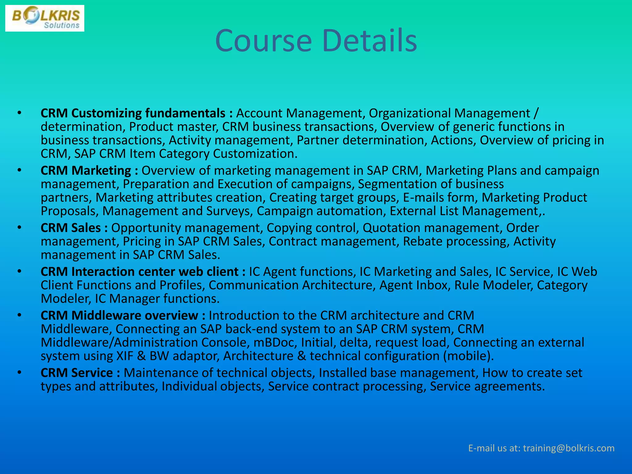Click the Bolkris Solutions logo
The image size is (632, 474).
pyautogui.click(x=45, y=18)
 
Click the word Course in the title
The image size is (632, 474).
pyautogui.click(x=264, y=41)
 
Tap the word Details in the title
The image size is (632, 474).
pyautogui.click(x=369, y=41)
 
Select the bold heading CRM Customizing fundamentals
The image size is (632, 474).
pyautogui.click(x=133, y=113)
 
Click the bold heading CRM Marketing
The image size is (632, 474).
pyautogui.click(x=86, y=171)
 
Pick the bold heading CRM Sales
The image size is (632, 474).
pyautogui.click(x=71, y=228)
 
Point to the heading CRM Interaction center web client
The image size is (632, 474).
pyautogui.click(x=139, y=272)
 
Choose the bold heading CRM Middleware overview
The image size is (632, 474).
pyautogui.click(x=119, y=316)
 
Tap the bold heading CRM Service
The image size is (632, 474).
pyautogui.click(x=77, y=373)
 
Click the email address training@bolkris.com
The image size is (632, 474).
pyautogui.click(x=569, y=448)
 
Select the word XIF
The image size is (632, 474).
pyautogui.click(x=125, y=356)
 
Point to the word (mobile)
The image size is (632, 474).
pyautogui.click(x=468, y=356)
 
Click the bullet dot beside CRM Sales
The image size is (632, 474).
pyautogui.click(x=19, y=228)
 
